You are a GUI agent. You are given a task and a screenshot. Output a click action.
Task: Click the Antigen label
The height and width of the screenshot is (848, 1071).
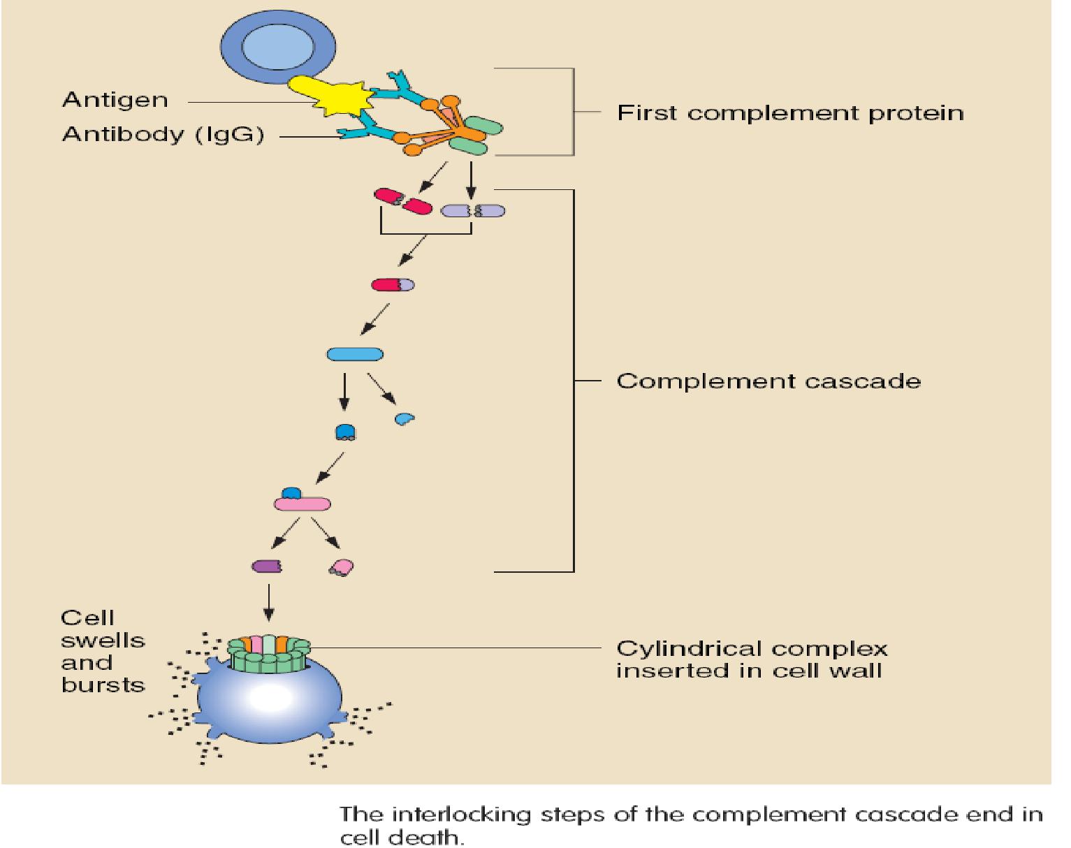coord(115,101)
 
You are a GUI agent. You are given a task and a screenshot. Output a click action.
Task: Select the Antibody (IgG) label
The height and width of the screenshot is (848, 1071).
coord(163,135)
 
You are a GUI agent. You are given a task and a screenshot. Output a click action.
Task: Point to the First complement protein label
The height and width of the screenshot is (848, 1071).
coord(789,113)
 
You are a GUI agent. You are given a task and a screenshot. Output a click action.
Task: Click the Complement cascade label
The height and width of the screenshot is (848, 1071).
coord(768,381)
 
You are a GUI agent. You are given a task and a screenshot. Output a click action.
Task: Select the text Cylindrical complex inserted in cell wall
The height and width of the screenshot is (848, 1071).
coord(751,660)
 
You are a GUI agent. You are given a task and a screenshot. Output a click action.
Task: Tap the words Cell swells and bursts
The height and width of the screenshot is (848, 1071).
coord(102,651)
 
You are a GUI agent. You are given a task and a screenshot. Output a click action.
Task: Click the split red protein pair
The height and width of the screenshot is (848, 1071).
coord(403,202)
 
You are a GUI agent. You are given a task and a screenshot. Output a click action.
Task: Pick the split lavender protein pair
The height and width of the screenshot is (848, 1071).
coord(473,210)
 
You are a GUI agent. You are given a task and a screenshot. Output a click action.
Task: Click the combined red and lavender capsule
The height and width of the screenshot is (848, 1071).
coord(393,284)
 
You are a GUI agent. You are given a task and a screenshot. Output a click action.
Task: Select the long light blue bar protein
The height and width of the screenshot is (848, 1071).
coord(355,354)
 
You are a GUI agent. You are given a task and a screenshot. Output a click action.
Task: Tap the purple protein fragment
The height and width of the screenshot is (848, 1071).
coord(266,566)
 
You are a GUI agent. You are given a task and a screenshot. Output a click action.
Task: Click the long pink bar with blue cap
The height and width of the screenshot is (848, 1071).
coord(302,503)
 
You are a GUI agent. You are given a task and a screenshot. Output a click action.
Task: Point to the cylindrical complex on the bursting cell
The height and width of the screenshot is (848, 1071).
coord(269,655)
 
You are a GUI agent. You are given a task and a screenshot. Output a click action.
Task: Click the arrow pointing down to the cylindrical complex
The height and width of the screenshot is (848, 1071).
coord(269,603)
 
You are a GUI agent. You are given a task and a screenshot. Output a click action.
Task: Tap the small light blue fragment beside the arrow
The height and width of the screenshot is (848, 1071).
coord(405,418)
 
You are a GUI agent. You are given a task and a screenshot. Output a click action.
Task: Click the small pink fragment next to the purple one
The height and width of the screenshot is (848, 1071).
coord(342,567)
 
